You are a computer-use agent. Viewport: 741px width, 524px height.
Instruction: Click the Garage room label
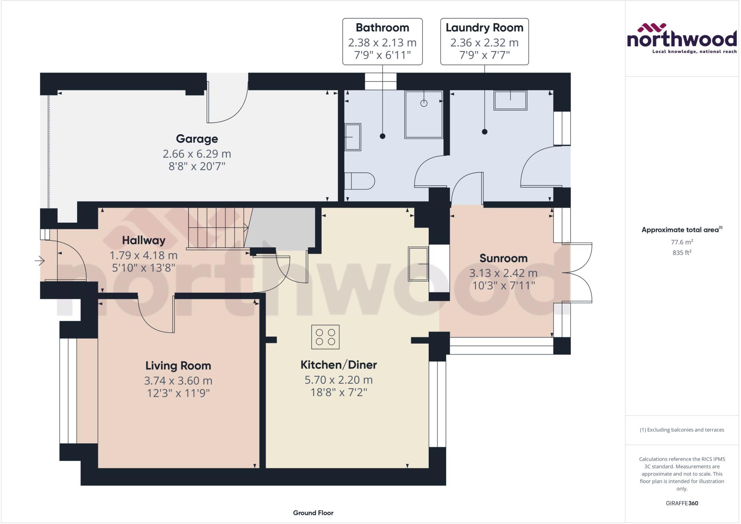click(x=197, y=139)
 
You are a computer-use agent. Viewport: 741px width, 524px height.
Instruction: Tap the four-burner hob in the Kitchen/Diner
click(x=325, y=337)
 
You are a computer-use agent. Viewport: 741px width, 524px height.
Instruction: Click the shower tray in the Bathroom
click(x=424, y=114)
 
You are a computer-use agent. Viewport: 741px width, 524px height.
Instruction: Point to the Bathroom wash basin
click(x=352, y=137)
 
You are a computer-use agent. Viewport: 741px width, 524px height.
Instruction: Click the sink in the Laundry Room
click(x=511, y=100)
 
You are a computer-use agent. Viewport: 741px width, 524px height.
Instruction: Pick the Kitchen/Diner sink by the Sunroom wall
click(x=418, y=264)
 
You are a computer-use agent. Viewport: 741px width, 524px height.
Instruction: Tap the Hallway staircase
click(x=217, y=228)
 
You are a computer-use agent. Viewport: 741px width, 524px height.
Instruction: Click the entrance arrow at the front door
click(x=39, y=260)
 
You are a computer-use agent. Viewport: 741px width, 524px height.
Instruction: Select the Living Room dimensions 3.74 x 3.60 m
click(x=178, y=381)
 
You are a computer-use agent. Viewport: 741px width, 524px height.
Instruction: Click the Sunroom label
click(x=503, y=258)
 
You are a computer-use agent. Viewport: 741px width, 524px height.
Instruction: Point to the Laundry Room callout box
click(x=484, y=42)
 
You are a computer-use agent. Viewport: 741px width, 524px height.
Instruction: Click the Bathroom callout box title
click(x=382, y=28)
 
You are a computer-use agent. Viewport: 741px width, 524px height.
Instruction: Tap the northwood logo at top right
click(x=682, y=38)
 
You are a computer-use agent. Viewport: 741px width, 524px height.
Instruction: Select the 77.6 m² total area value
click(x=682, y=242)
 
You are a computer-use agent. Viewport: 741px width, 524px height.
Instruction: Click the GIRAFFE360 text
click(x=682, y=503)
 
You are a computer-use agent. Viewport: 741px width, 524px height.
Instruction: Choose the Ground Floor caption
click(x=313, y=513)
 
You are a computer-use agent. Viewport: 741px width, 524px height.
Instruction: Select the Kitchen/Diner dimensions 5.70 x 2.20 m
click(x=338, y=380)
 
